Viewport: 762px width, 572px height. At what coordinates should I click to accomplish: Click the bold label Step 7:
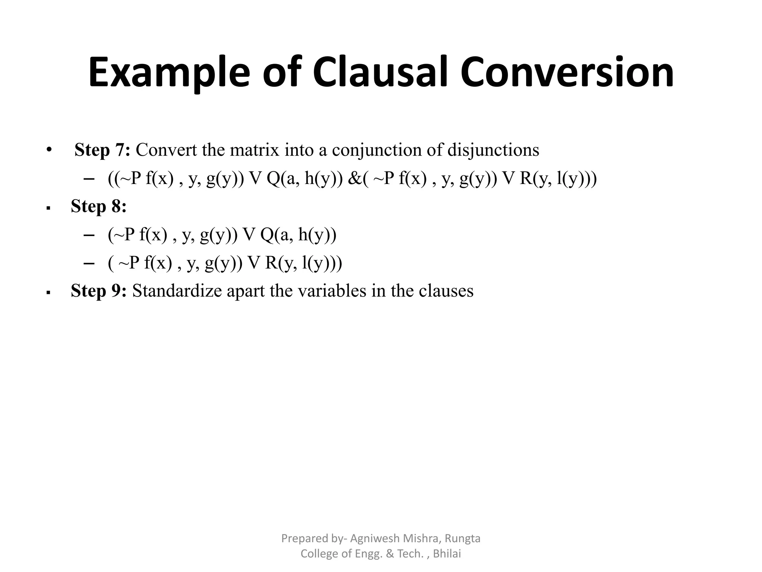[x=102, y=150]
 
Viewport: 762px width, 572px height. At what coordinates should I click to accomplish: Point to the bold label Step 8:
[x=99, y=206]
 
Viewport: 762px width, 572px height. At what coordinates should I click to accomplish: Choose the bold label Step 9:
[x=99, y=290]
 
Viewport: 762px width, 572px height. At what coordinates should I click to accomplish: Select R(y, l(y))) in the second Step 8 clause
[x=304, y=263]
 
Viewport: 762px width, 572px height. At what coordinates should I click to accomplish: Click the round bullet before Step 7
[x=48, y=150]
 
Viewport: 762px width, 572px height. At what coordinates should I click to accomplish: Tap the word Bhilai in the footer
[x=447, y=554]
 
